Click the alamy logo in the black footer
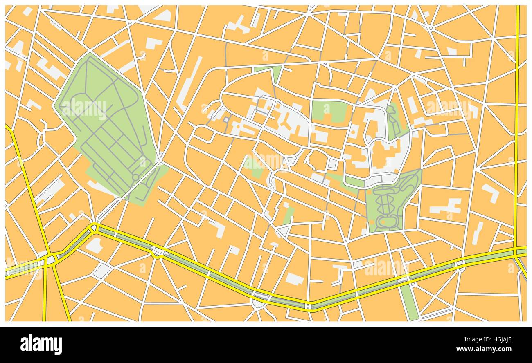(x=41, y=344)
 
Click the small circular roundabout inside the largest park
(x=147, y=177)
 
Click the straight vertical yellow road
(x=517, y=123)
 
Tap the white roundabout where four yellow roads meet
(x=50, y=260)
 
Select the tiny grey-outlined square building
(x=225, y=119)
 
